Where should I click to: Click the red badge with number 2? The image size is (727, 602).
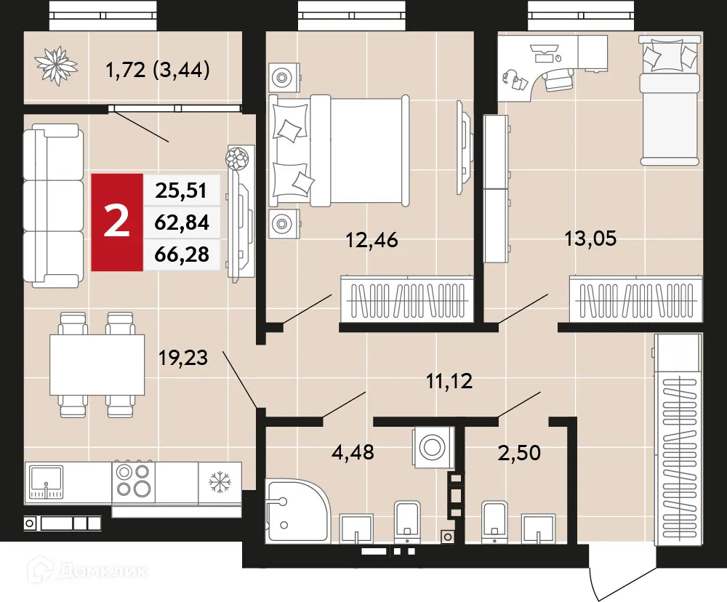coord(117,222)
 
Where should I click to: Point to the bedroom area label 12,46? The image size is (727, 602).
coord(373,240)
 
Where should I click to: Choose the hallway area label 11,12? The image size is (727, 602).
coord(448,380)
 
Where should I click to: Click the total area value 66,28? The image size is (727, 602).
coord(182,254)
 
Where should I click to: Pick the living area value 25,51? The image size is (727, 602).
coord(182,191)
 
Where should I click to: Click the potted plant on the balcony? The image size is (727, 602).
coord(57,65)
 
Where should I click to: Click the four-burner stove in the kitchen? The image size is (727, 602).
coord(133,481)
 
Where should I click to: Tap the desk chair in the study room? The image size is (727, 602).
coord(558,77)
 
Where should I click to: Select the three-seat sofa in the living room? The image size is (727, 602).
coord(51,203)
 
